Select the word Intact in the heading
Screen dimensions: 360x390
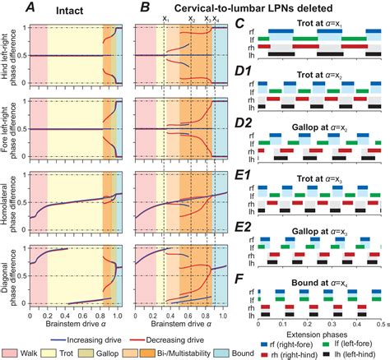(x=78, y=9)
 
